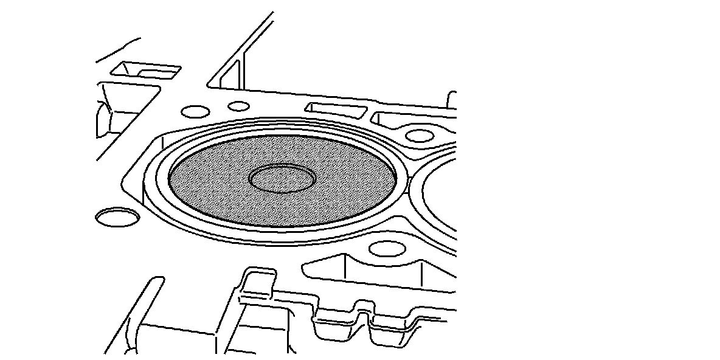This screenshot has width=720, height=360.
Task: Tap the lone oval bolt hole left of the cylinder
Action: [118, 217]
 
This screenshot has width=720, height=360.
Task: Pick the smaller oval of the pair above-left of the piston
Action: [238, 106]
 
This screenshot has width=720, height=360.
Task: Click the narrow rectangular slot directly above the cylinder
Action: [336, 109]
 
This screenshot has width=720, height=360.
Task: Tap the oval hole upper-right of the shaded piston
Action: [419, 135]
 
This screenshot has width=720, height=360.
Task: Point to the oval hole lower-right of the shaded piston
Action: [387, 248]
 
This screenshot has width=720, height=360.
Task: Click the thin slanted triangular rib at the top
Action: [234, 70]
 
